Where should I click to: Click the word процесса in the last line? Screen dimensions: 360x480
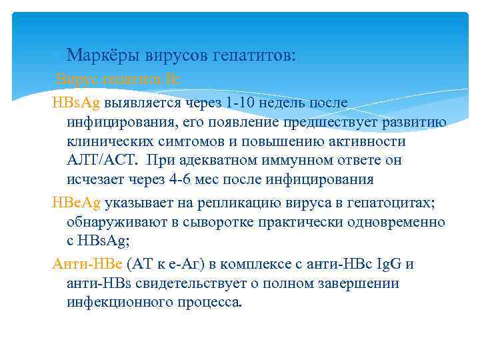[x=209, y=303]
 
